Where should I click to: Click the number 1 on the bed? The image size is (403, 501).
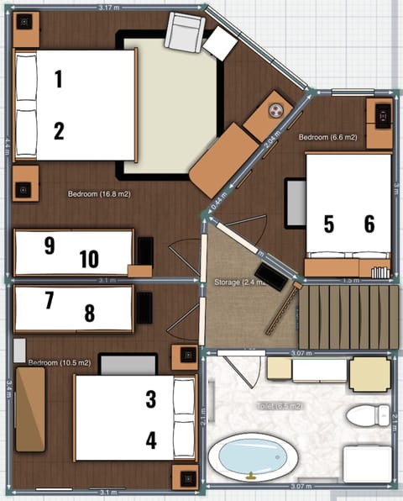[58, 80]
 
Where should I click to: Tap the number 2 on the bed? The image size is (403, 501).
[59, 130]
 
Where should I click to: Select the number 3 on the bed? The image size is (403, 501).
[151, 399]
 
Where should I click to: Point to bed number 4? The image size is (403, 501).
[151, 439]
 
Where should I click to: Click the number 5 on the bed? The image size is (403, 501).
[329, 224]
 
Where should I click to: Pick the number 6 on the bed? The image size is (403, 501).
[369, 224]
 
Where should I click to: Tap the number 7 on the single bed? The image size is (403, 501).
[49, 299]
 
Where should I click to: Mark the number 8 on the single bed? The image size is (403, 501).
[90, 314]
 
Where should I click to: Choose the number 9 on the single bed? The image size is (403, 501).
[50, 245]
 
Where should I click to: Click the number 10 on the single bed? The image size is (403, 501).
[88, 259]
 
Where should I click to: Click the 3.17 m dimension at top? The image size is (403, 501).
[107, 7]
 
